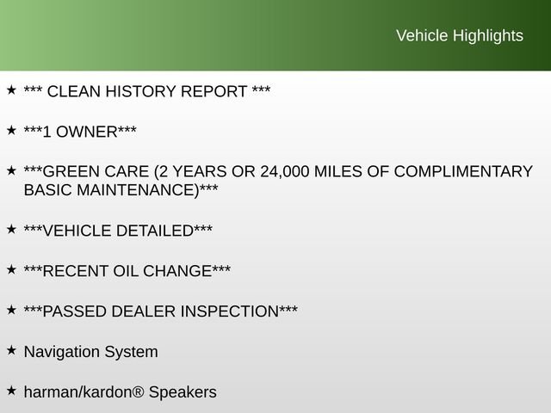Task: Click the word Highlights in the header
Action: coord(488,36)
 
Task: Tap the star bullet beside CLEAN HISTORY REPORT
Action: coord(11,89)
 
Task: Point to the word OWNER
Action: coord(86,132)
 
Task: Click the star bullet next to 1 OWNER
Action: coord(11,130)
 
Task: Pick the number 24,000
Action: coord(285,172)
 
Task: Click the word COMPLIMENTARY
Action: coord(463,172)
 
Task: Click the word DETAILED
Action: coord(155,231)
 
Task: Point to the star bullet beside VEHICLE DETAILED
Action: coord(11,230)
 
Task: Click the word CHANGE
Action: coord(177,271)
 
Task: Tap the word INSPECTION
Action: coord(230,311)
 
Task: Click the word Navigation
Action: coord(62,352)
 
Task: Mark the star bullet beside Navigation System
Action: coord(11,350)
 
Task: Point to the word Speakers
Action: coord(183,392)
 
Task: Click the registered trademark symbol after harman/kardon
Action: coord(138,391)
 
